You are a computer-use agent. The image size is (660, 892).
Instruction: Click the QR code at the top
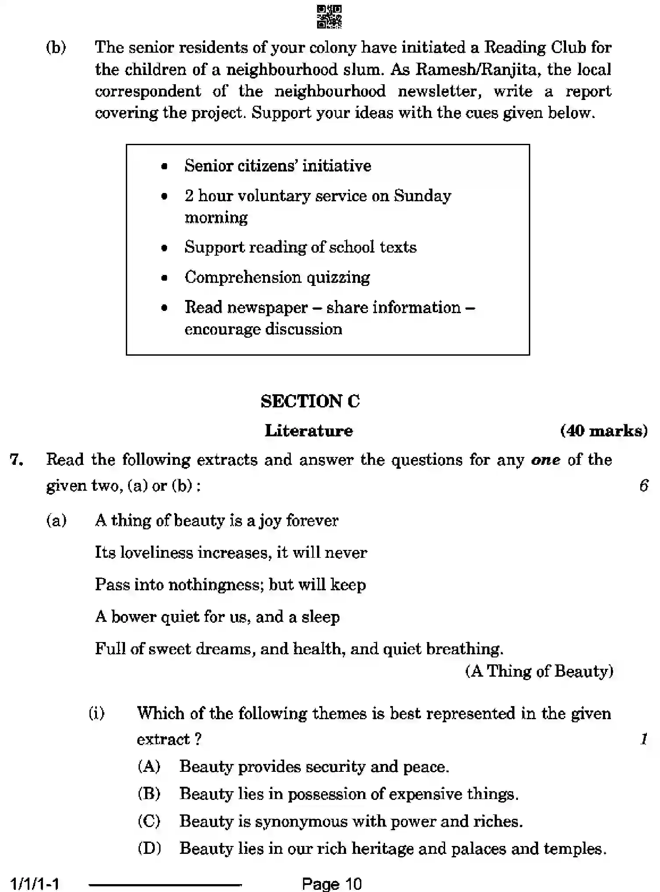click(x=329, y=17)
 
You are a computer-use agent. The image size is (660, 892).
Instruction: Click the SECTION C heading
click(x=310, y=401)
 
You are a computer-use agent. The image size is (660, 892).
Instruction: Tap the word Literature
click(x=309, y=431)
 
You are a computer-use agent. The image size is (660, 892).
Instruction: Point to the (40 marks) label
click(x=604, y=431)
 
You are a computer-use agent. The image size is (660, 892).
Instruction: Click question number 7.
click(x=17, y=460)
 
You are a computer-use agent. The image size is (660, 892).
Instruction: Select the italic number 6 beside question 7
click(x=643, y=485)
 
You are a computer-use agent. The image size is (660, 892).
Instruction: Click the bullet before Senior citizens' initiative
click(x=164, y=167)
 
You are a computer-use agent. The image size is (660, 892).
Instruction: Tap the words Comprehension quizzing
click(x=277, y=277)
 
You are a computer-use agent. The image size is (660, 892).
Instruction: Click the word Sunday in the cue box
click(x=422, y=196)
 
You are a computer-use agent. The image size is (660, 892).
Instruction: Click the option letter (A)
click(x=149, y=767)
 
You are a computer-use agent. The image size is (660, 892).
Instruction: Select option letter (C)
click(x=149, y=821)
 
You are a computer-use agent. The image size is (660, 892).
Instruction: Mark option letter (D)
click(x=149, y=848)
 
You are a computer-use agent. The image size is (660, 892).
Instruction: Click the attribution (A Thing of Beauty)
click(x=539, y=671)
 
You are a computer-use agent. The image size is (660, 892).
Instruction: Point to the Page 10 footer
click(x=332, y=883)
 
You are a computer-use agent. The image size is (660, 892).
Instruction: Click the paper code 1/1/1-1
click(x=35, y=883)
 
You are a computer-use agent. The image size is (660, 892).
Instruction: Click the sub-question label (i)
click(x=97, y=713)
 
